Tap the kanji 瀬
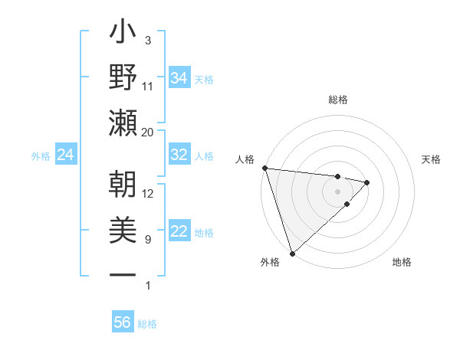(123, 123)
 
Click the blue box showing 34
(179, 78)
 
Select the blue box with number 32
(179, 155)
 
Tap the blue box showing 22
(179, 231)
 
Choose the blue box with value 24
(66, 155)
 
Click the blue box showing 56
(123, 322)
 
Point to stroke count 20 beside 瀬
(148, 133)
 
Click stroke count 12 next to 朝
(148, 194)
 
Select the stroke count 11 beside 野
(148, 87)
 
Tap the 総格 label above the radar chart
(338, 100)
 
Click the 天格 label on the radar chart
(432, 159)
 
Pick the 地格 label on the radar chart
(402, 262)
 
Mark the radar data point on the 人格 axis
(264, 168)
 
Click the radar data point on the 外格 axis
(292, 252)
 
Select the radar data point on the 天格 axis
(367, 182)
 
